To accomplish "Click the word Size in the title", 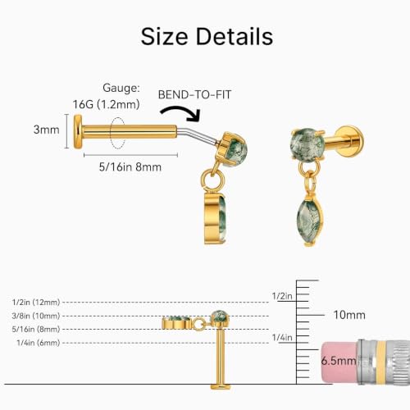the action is (164, 36).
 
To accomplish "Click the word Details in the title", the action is (235, 36).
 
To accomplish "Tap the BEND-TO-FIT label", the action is (194, 94).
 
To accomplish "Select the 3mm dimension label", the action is (47, 130).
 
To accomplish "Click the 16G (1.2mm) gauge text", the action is (106, 104).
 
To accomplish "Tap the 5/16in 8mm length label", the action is (130, 166).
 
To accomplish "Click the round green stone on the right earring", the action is (307, 144).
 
